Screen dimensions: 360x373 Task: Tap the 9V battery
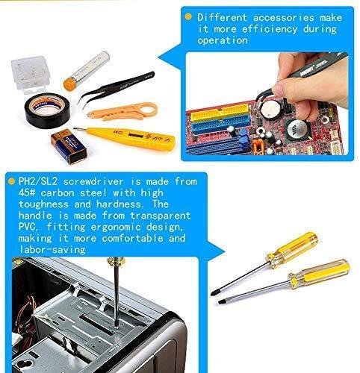pos(69,146)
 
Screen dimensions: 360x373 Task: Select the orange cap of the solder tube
pos(69,84)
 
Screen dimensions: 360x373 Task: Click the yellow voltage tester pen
pos(125,137)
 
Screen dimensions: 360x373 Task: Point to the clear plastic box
pos(31,75)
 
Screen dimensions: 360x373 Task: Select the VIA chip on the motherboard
pos(298,129)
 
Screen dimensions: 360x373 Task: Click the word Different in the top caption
pos(222,18)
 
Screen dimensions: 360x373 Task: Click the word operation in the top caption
pos(223,40)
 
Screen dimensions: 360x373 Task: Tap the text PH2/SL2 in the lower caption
pos(38,181)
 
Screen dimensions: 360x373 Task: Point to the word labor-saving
pos(52,249)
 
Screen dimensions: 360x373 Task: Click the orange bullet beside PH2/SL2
pos(11,181)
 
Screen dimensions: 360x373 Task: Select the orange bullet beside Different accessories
pos(188,17)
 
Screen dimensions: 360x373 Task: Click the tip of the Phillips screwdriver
pos(212,294)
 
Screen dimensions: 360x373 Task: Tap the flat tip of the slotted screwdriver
pos(220,302)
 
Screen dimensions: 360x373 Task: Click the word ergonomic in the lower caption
pos(116,228)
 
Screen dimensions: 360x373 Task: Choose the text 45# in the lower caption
pos(27,192)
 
